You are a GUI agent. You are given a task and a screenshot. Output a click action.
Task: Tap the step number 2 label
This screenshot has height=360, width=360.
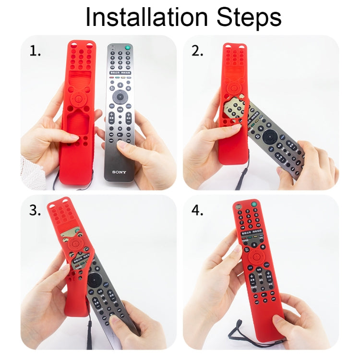tap(198, 51)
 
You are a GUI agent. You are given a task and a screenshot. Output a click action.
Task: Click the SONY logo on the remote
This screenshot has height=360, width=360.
tap(120, 171)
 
